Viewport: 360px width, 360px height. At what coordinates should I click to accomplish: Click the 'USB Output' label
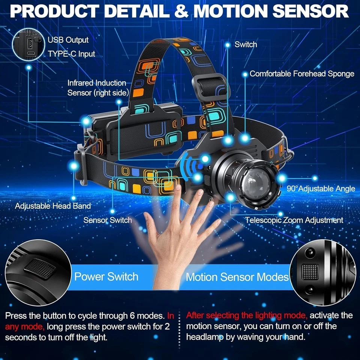coord(68,40)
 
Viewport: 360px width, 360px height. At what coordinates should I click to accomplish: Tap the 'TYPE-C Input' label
coord(71,54)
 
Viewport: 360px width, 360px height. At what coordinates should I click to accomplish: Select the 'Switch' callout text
coord(246,44)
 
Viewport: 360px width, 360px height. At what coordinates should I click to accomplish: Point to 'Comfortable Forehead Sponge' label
coord(302,73)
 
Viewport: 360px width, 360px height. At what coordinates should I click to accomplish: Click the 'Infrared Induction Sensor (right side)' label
coord(98,87)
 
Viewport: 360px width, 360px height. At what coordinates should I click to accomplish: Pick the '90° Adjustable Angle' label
coord(321,188)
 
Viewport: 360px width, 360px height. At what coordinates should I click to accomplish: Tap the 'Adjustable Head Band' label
coord(53,205)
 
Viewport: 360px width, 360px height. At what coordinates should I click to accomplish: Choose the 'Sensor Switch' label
coord(107,220)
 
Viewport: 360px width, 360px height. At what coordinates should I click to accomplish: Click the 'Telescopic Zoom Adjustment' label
coord(294,220)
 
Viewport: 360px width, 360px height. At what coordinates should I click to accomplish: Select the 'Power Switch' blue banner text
coord(106,277)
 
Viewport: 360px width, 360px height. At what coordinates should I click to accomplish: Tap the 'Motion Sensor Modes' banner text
coord(237,277)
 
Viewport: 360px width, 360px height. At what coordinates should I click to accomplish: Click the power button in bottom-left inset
coord(40,269)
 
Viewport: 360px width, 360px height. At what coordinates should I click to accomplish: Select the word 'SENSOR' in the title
coord(311,11)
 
